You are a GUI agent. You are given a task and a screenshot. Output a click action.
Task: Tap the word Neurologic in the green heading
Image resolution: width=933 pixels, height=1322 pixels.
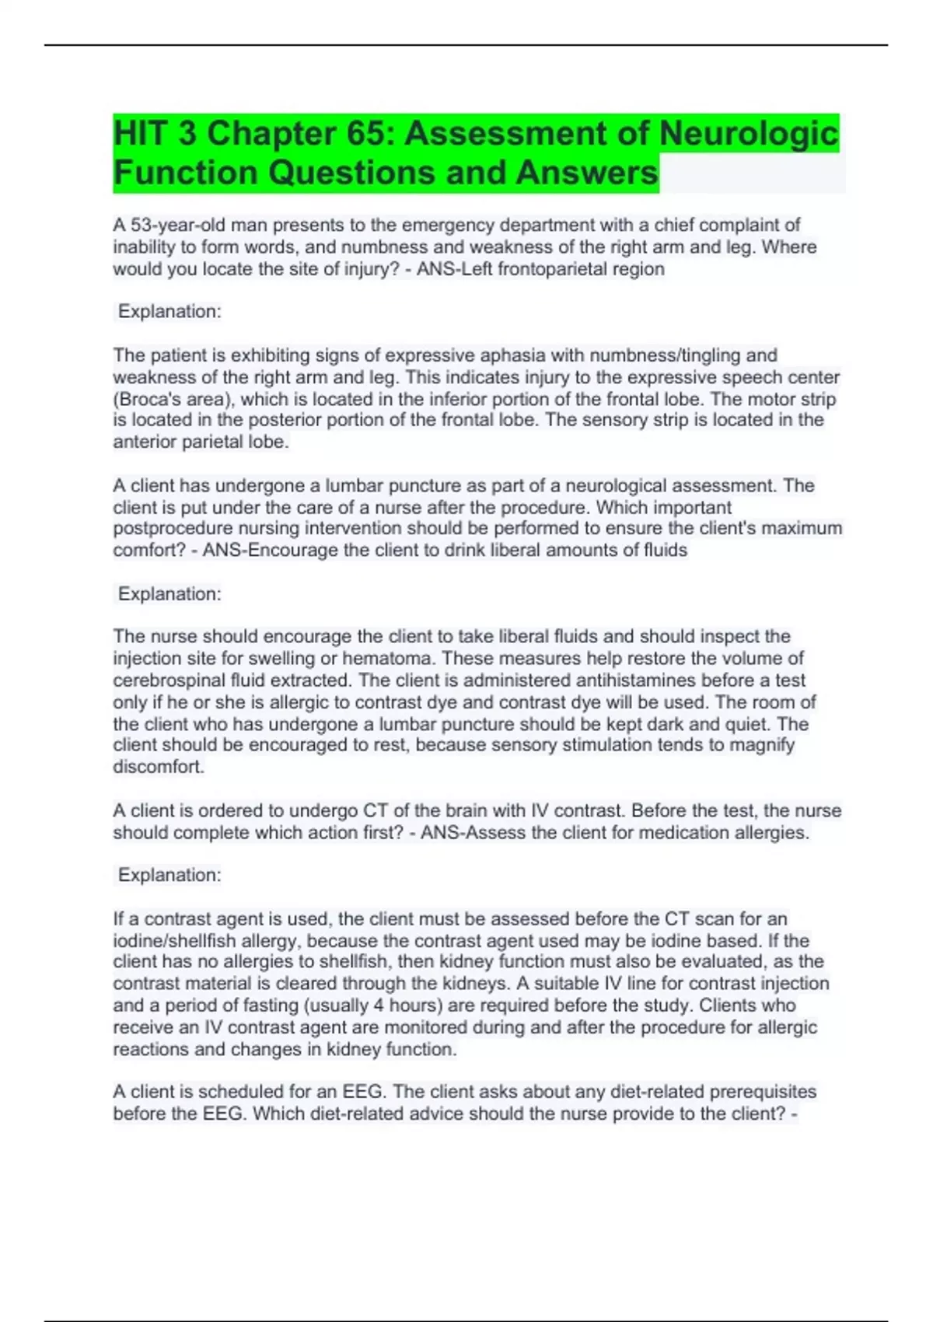pos(749,134)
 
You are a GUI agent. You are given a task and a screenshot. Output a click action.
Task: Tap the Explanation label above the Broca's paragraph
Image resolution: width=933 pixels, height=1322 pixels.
pos(169,312)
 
